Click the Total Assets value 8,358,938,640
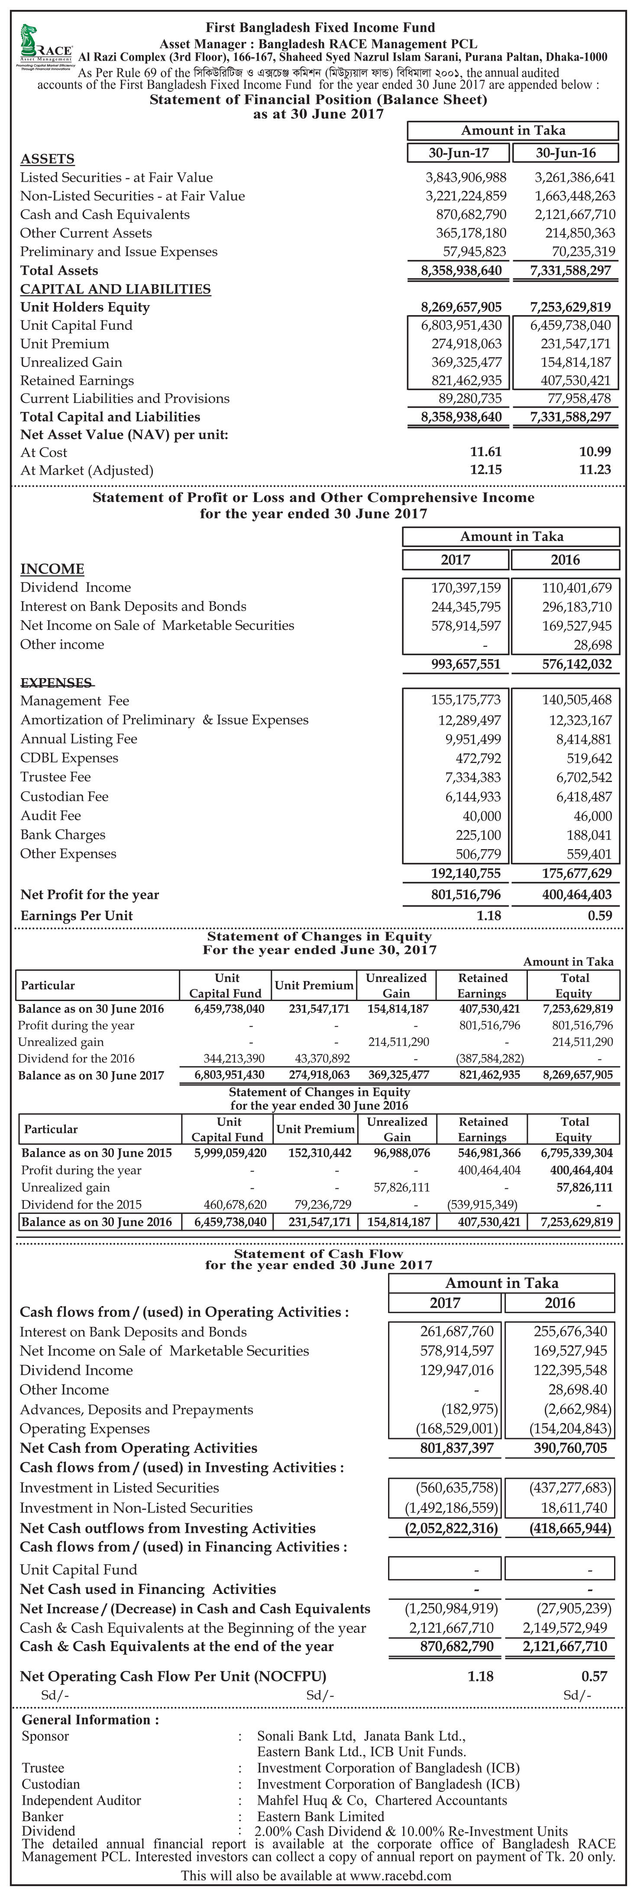coord(461,270)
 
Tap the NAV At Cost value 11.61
coord(485,452)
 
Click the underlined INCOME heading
coord(52,569)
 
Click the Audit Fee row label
coord(51,815)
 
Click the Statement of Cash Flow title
coord(318,1253)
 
